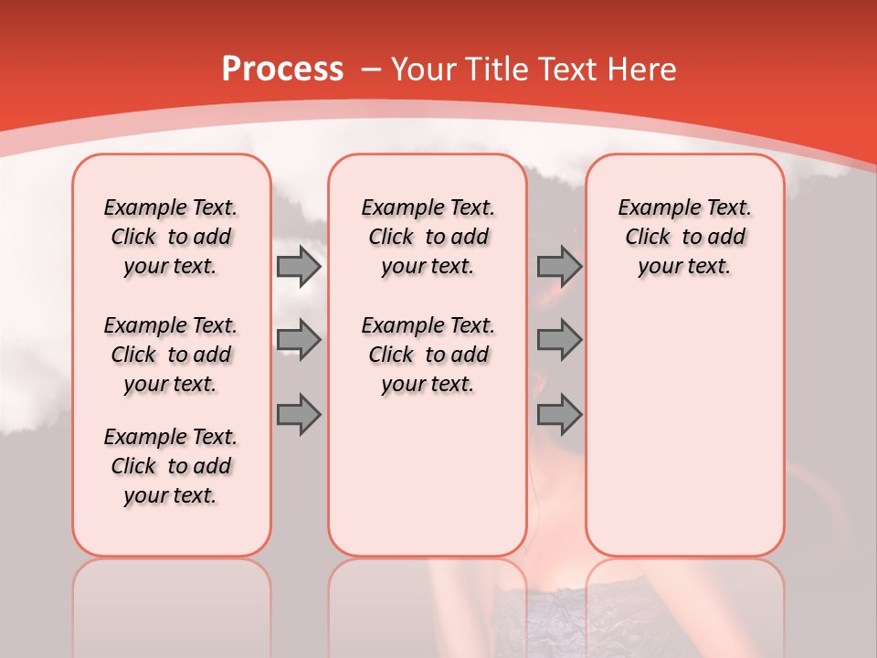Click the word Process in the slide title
tap(281, 69)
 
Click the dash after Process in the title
tap(370, 70)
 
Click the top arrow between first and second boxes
tap(299, 267)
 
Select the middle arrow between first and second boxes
tap(299, 340)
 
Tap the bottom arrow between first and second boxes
tap(299, 413)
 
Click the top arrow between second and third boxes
tap(559, 267)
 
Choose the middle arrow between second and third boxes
tap(559, 340)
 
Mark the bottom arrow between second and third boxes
tap(559, 413)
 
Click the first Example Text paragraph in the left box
tap(171, 237)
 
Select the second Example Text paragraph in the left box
tap(171, 355)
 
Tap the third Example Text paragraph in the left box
tap(171, 466)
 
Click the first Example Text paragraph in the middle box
tap(428, 237)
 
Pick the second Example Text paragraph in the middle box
tap(428, 355)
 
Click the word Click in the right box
tap(648, 237)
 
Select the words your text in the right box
tap(684, 266)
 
